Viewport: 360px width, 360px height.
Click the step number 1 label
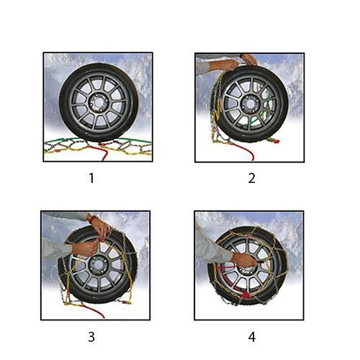click(x=91, y=178)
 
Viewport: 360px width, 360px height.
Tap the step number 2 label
click(x=251, y=179)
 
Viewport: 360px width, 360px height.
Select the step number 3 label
click(x=91, y=337)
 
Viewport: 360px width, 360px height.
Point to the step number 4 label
click(x=252, y=337)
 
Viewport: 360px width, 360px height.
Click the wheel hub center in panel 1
click(x=99, y=103)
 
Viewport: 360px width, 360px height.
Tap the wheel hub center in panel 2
click(x=250, y=104)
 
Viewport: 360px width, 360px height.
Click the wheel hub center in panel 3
click(x=97, y=266)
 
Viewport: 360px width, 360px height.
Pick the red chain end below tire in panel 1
click(x=103, y=151)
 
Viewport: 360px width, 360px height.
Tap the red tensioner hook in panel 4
click(x=247, y=294)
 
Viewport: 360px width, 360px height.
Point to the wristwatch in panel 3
click(x=91, y=218)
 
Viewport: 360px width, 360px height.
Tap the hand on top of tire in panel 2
click(x=248, y=60)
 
